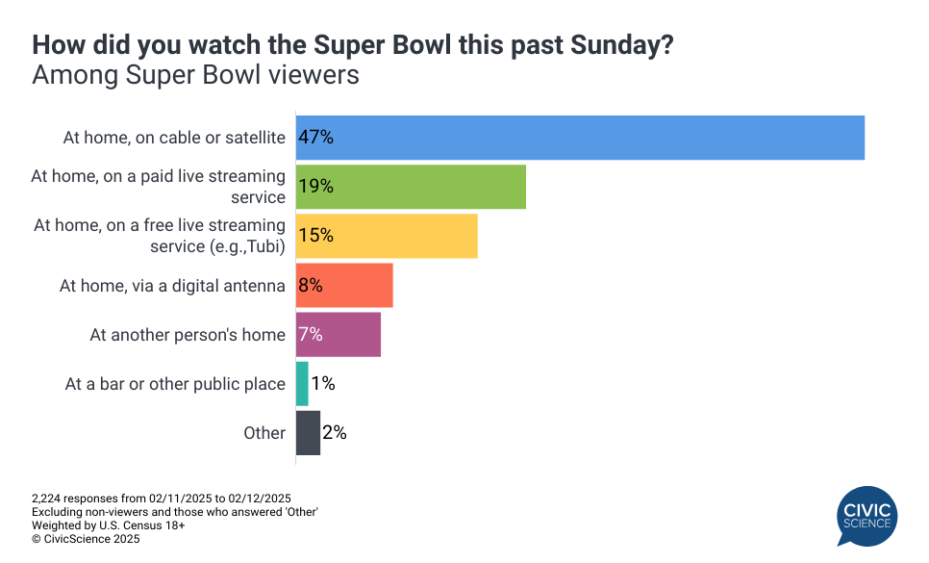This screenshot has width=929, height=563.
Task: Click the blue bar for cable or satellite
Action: click(580, 138)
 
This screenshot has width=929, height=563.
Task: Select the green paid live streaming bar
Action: click(411, 187)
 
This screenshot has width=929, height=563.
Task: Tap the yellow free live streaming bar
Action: click(387, 236)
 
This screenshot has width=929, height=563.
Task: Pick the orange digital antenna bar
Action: click(344, 285)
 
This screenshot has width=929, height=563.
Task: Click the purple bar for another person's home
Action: click(339, 334)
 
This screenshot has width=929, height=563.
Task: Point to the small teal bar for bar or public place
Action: click(302, 384)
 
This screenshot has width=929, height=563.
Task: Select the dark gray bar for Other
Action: click(308, 433)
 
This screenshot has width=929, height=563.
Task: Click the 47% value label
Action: click(315, 138)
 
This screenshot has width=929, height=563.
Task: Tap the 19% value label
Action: click(315, 187)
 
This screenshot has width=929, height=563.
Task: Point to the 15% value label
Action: click(315, 236)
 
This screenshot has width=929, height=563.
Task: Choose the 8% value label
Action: click(311, 285)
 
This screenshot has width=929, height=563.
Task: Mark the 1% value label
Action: click(323, 384)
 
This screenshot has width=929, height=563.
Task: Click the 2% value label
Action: click(335, 433)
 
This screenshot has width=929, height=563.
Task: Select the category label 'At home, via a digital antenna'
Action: click(172, 285)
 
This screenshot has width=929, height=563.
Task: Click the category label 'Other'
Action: click(264, 433)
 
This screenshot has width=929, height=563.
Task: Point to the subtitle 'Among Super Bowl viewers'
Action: click(195, 75)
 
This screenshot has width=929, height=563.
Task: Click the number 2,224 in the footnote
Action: click(48, 499)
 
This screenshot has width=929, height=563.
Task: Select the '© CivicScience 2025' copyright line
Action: click(86, 540)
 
